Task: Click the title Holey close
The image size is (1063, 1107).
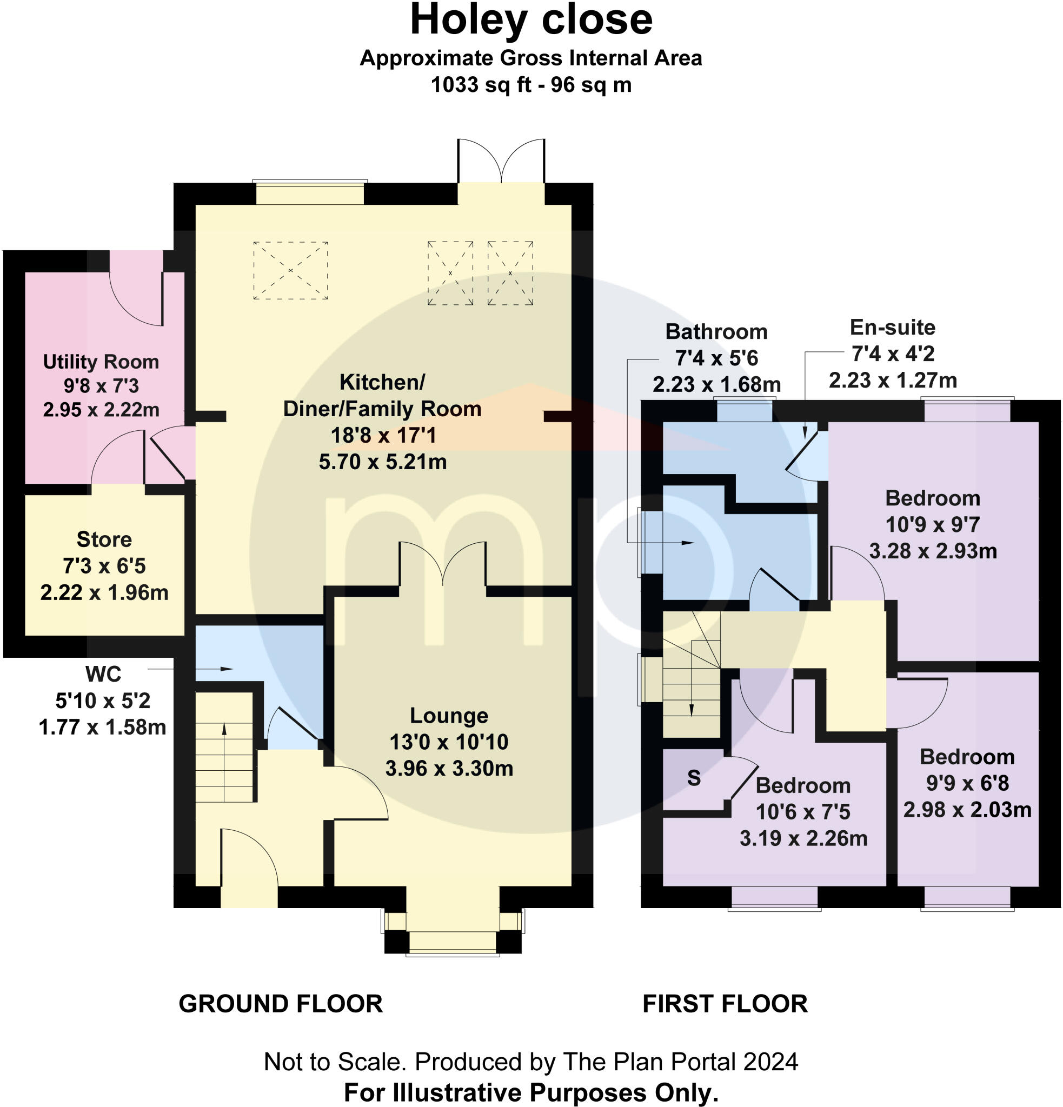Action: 531,21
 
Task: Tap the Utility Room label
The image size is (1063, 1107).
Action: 101,362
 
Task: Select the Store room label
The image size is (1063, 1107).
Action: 104,539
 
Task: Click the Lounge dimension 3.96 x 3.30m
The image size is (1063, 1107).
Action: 449,769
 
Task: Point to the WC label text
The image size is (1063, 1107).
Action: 103,674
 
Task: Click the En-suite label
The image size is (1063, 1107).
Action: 893,327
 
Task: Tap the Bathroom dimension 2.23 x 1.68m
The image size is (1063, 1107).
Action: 717,385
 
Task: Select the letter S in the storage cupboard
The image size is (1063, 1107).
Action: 694,778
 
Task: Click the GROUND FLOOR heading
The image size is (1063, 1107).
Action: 281,1004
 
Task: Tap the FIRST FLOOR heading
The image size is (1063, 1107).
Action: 725,1004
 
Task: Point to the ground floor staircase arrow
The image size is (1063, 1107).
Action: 224,762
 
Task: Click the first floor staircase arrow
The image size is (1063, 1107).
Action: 692,678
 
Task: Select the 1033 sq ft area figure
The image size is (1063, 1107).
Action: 481,85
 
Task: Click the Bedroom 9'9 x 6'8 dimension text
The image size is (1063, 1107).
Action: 967,783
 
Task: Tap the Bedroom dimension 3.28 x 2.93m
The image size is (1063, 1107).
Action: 933,551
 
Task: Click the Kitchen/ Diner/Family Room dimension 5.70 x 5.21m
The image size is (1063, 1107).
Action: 383,462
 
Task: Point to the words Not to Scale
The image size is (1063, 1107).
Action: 335,1062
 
